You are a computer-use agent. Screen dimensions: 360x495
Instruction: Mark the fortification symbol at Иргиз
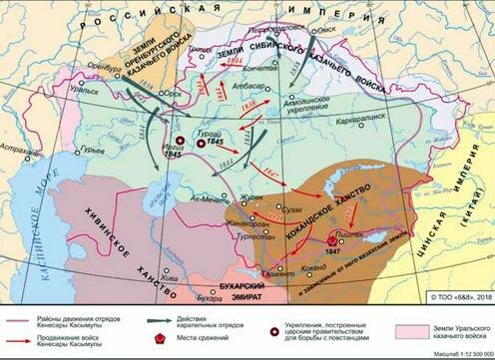(180, 142)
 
